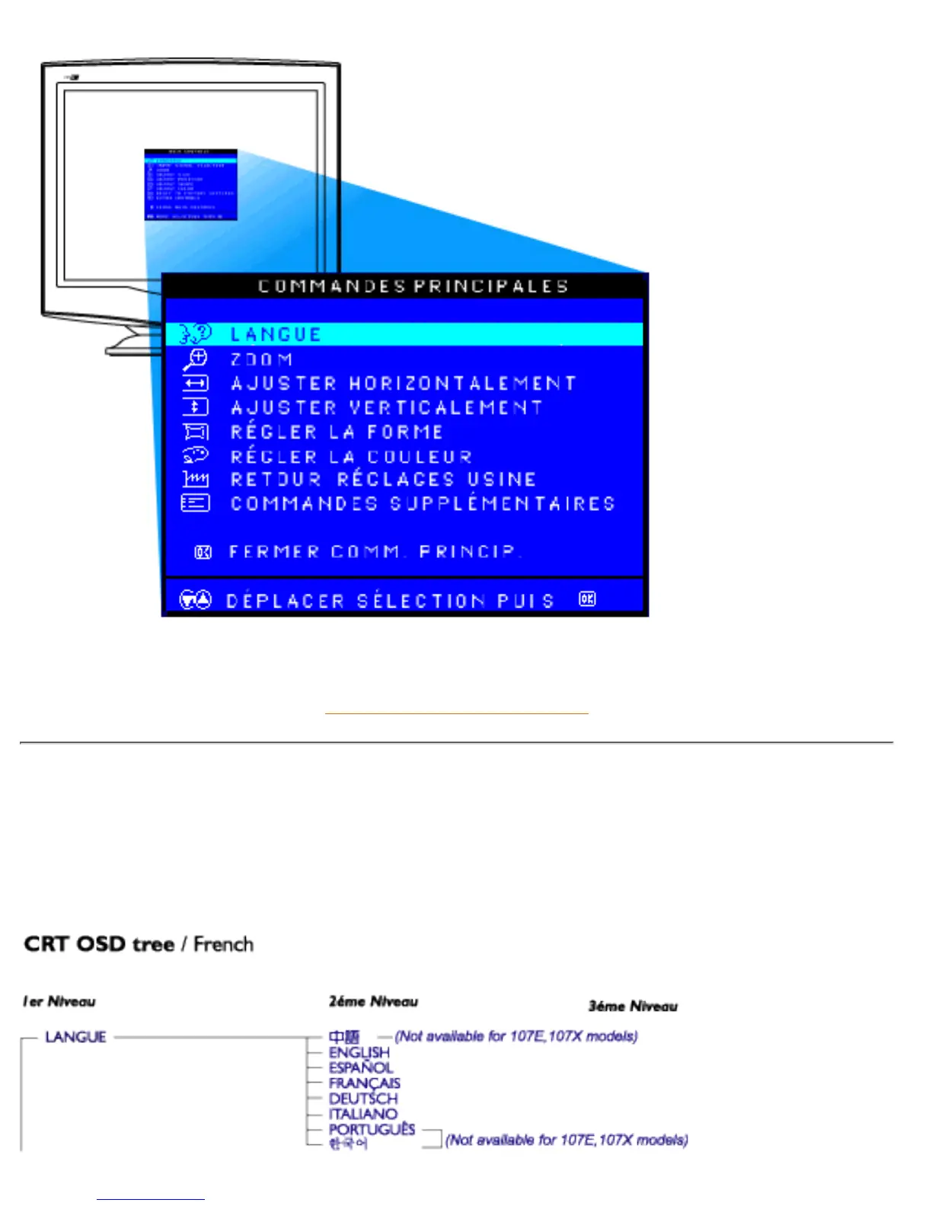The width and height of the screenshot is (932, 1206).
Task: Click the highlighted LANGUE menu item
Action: (x=276, y=334)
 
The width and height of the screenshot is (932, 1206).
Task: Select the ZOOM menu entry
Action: (x=261, y=359)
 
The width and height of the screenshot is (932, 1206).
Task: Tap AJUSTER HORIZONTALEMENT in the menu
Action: (x=403, y=383)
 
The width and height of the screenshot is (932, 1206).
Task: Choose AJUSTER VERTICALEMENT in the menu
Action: (x=386, y=407)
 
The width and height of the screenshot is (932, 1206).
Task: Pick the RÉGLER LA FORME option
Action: (x=337, y=432)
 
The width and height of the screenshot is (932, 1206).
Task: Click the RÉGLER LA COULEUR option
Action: (x=351, y=456)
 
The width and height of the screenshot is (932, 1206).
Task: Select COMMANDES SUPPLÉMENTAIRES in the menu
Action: (x=423, y=503)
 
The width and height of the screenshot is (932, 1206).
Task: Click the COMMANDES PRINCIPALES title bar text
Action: (x=413, y=286)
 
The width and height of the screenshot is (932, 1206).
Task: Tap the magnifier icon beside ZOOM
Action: (x=195, y=359)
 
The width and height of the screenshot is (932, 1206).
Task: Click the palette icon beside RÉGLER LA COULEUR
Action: (x=195, y=455)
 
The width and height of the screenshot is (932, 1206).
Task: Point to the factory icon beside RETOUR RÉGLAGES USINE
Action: (x=195, y=479)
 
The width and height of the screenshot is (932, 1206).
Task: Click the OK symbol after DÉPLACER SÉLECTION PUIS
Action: (x=586, y=599)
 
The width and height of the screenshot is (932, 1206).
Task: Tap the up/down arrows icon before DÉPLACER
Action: (x=195, y=600)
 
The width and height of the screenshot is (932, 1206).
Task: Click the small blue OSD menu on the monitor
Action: (x=190, y=184)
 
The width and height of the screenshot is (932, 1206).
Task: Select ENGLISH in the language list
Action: (x=359, y=1052)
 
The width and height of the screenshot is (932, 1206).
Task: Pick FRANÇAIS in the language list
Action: (x=364, y=1083)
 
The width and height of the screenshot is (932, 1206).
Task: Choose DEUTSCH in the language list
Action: (x=363, y=1098)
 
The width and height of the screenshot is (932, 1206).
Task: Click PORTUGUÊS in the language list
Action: (x=372, y=1128)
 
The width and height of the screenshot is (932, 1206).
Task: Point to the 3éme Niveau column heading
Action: (x=632, y=1006)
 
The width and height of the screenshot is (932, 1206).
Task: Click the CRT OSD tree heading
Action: (x=139, y=944)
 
